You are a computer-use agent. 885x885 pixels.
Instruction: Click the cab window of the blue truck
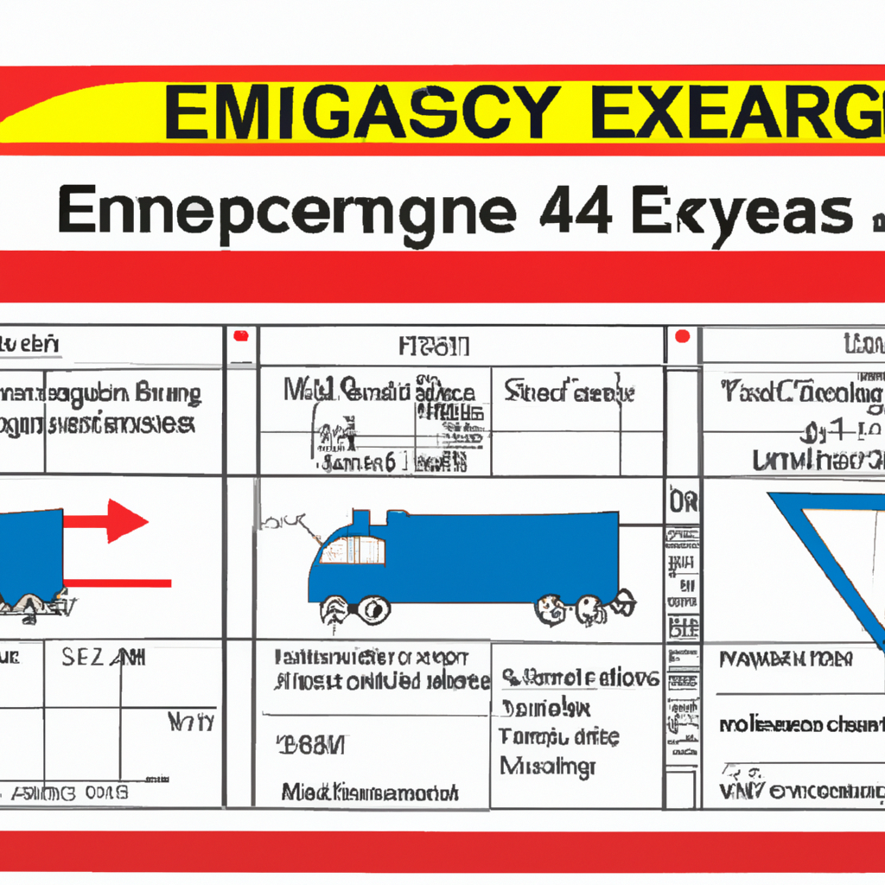(x=352, y=550)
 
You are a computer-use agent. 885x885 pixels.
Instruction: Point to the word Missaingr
(x=548, y=766)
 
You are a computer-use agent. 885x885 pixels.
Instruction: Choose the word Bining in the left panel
(x=168, y=395)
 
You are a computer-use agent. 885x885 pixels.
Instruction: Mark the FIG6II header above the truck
(x=435, y=347)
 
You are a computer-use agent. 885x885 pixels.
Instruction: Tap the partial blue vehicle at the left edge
(x=30, y=553)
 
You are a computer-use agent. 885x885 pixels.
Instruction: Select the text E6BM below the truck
(x=310, y=744)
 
